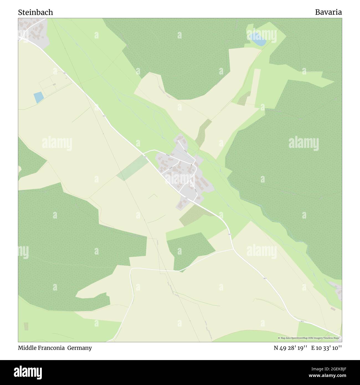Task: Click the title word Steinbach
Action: [x=35, y=12]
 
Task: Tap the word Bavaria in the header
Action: [x=328, y=12]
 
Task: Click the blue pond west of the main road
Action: [x=38, y=97]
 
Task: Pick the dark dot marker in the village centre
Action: [x=191, y=165]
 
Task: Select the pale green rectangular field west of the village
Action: [x=132, y=168]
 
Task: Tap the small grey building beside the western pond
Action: [x=54, y=84]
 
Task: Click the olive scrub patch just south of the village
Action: [x=192, y=215]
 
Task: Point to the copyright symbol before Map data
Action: [x=279, y=338]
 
